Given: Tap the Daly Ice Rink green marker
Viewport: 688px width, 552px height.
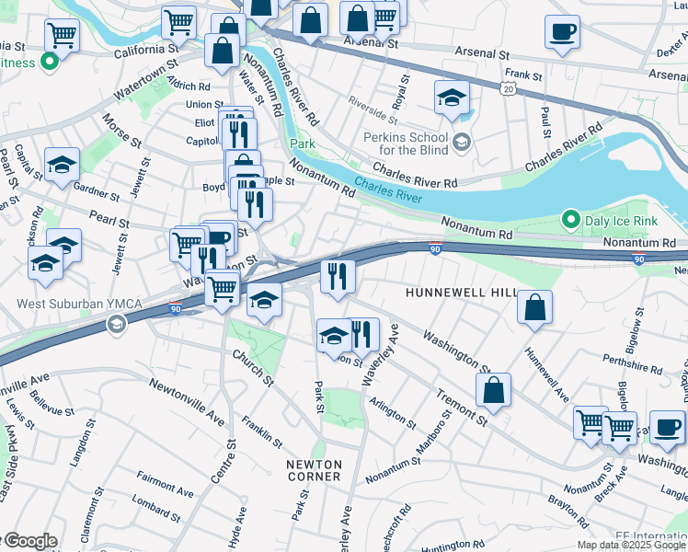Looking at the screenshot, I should [570, 220].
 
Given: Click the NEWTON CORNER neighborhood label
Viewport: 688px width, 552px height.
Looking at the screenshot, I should [314, 470].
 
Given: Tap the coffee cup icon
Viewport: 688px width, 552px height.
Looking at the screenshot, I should [562, 31].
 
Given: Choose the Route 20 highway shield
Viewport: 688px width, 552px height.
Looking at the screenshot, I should [508, 87].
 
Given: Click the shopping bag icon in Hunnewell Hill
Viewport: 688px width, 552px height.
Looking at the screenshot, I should [534, 307].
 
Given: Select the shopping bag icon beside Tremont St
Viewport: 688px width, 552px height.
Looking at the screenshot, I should [494, 389].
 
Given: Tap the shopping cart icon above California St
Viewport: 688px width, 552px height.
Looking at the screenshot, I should [63, 35].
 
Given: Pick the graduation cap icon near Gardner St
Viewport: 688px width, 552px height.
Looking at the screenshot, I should [62, 164].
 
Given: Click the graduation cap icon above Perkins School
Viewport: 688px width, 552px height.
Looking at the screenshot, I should [452, 97].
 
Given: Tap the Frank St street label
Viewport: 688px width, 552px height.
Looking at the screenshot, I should [519, 74].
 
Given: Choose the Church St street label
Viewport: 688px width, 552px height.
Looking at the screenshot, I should [253, 368].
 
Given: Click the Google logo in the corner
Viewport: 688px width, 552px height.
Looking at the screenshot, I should [29, 541].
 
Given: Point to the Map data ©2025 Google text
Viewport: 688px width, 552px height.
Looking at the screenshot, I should [630, 545].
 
